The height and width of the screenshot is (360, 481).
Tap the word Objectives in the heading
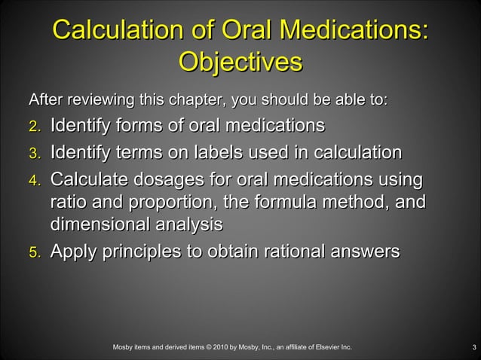(240, 62)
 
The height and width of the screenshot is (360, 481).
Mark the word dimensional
(106, 224)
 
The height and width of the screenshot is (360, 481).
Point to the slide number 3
(473, 347)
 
